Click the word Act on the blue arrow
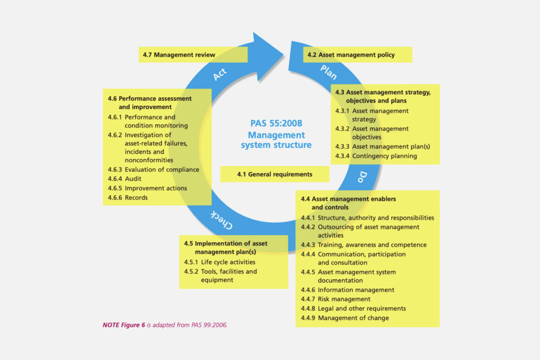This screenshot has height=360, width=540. [x=220, y=74]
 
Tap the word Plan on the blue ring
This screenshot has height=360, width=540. [x=328, y=72]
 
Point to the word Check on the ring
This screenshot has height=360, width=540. [x=221, y=220]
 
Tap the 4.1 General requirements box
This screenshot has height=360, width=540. [x=274, y=174]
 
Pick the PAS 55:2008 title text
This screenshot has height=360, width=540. [x=276, y=123]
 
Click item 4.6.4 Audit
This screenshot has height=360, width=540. [x=125, y=179]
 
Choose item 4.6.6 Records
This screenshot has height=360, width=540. [x=128, y=198]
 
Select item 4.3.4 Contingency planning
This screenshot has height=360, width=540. [x=376, y=156]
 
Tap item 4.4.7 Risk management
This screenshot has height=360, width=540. [x=336, y=299]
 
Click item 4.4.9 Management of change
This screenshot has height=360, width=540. [x=345, y=318]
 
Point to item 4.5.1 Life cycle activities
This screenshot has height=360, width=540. [x=220, y=262]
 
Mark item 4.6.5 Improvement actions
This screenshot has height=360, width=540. [x=147, y=188]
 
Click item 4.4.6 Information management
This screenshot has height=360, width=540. [x=348, y=290]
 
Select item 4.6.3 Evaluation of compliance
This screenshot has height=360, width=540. [x=153, y=169]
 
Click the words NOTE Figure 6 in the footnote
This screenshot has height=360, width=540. [x=124, y=325]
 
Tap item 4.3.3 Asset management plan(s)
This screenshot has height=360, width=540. [x=382, y=147]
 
